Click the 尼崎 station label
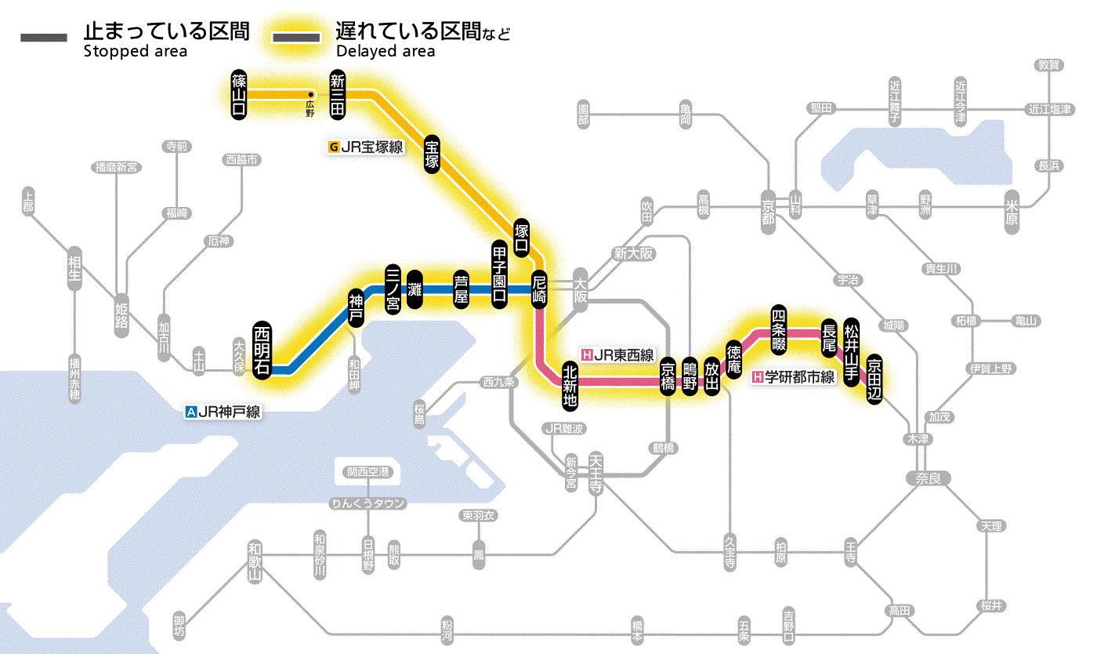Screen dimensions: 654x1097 point(539,289)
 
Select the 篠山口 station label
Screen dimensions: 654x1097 point(239,94)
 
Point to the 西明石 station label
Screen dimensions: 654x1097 point(262,350)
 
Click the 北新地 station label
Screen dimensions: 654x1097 point(570,386)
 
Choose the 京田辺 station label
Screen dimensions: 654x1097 point(874,377)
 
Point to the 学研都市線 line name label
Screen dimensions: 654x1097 point(794,377)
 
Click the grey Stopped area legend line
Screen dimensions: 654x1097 point(45,38)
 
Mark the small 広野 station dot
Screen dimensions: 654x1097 point(310,95)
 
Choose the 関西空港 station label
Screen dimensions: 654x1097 point(368,472)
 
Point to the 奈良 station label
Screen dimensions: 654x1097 point(928,478)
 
